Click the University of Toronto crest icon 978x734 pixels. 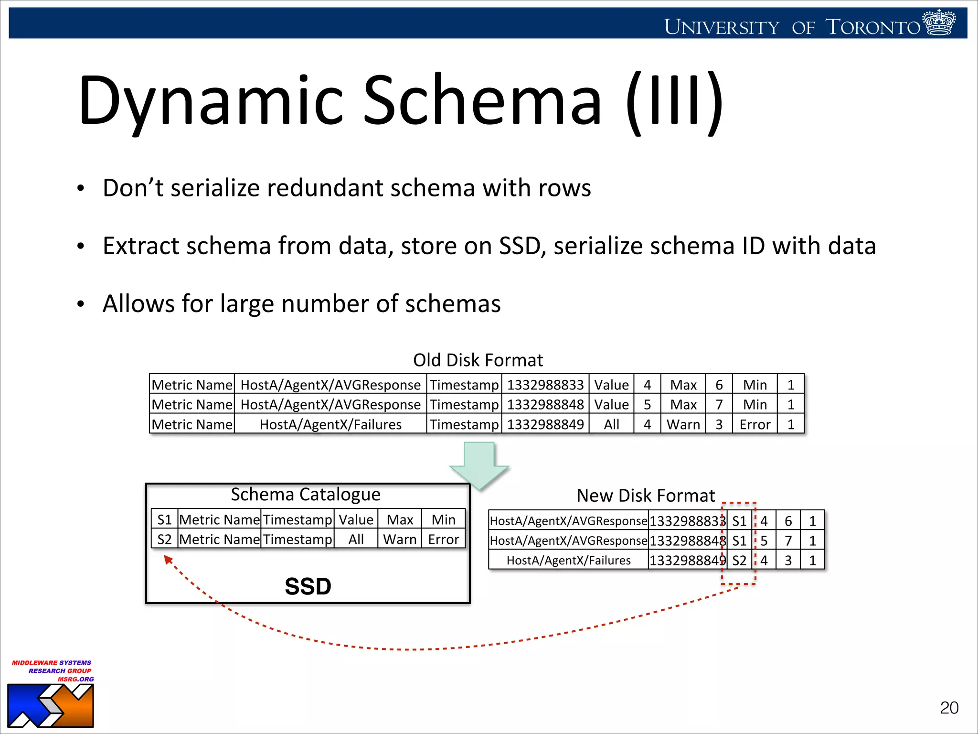coord(939,22)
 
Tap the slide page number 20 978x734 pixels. coord(948,708)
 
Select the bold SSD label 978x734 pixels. coord(308,586)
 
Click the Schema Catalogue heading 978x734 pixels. coord(306,494)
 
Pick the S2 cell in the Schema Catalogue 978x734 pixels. coord(164,540)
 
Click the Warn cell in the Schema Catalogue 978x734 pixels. coord(400,540)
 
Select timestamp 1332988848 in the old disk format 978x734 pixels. coord(545,405)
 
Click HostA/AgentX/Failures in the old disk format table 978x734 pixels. coord(330,424)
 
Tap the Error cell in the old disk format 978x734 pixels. coord(755,424)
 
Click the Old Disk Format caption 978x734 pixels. coord(478,360)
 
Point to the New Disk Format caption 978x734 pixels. coord(646,496)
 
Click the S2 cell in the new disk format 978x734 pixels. coord(739,561)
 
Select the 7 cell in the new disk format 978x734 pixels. coord(788,541)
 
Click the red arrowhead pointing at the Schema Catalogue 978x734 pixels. coord(168,559)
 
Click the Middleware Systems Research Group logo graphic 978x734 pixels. coord(50,706)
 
